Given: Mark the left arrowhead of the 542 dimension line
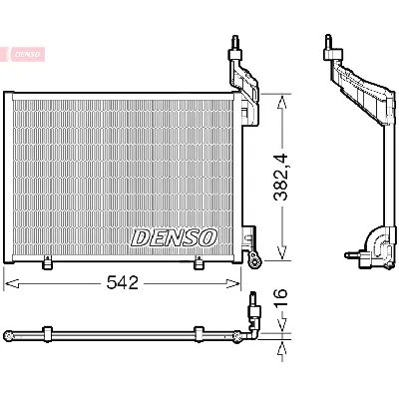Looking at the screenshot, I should click(x=8, y=283).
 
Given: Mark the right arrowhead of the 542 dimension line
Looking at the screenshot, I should click(x=238, y=283).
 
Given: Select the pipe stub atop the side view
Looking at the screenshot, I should click(x=327, y=45).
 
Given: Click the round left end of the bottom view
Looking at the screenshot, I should click(x=8, y=333).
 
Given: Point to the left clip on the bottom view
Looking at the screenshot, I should click(x=48, y=333).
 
